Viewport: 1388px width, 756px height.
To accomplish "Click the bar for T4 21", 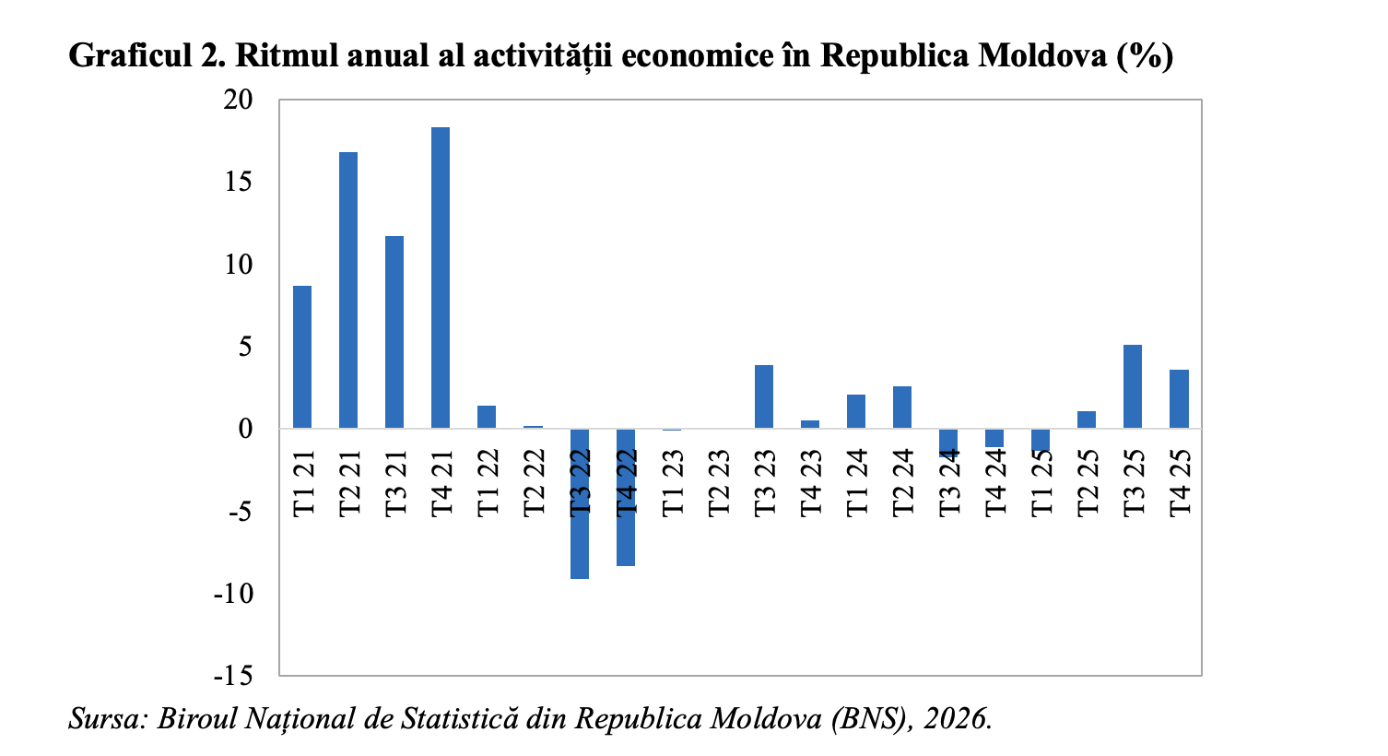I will coord(441,278).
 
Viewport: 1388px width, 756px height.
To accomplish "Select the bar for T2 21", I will coord(348,290).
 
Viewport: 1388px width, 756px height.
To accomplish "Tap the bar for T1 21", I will coord(302,357).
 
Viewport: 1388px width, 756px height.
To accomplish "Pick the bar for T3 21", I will coord(394,332).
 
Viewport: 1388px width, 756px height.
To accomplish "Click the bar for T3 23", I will coord(764,396).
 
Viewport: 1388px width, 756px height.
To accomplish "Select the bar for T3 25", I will coord(1133,386).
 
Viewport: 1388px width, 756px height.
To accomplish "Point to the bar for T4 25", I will coord(1179,399).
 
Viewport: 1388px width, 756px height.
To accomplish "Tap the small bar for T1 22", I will coord(487,417).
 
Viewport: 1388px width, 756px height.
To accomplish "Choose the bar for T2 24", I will coord(902,408).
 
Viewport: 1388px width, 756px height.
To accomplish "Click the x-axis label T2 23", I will coord(719,483).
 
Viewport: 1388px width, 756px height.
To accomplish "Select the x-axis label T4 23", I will coord(811,483).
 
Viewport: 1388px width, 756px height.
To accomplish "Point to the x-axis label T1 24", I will coord(857,483).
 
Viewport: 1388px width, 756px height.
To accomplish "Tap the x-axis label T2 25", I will coord(1088,483).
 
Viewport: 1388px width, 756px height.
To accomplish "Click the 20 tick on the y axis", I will coord(238,100).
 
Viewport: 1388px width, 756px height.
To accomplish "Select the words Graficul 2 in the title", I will coord(147,56).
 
